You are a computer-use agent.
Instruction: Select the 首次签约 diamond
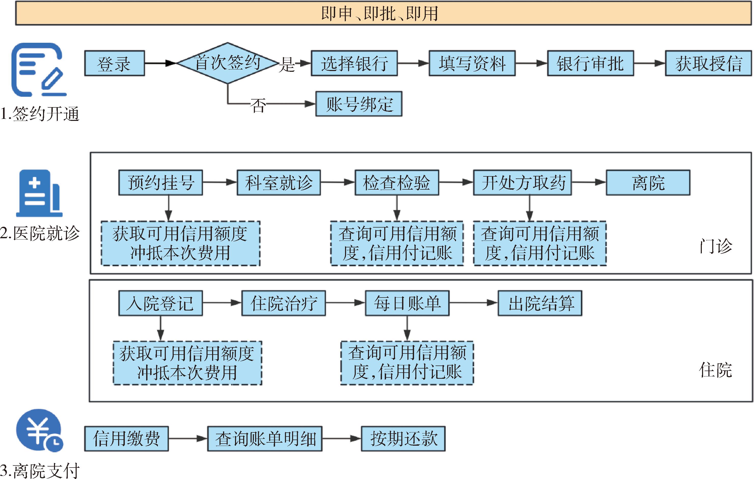click(x=227, y=63)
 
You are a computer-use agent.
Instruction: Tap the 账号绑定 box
click(x=359, y=104)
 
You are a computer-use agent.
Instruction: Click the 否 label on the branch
click(x=258, y=105)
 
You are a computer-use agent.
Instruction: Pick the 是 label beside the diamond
click(x=286, y=65)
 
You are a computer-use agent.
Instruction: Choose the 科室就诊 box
click(x=279, y=183)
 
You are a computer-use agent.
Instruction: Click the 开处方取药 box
click(x=522, y=183)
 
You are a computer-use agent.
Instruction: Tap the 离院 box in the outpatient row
click(x=648, y=183)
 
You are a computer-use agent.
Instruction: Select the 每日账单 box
click(x=407, y=303)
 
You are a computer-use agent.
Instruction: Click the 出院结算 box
click(x=540, y=303)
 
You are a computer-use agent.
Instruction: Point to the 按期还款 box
click(x=403, y=438)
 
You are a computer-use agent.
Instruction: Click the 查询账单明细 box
click(x=265, y=438)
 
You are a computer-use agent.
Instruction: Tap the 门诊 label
click(x=716, y=246)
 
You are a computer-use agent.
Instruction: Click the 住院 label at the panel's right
click(x=715, y=370)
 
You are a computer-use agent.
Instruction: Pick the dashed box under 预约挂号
click(x=180, y=243)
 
